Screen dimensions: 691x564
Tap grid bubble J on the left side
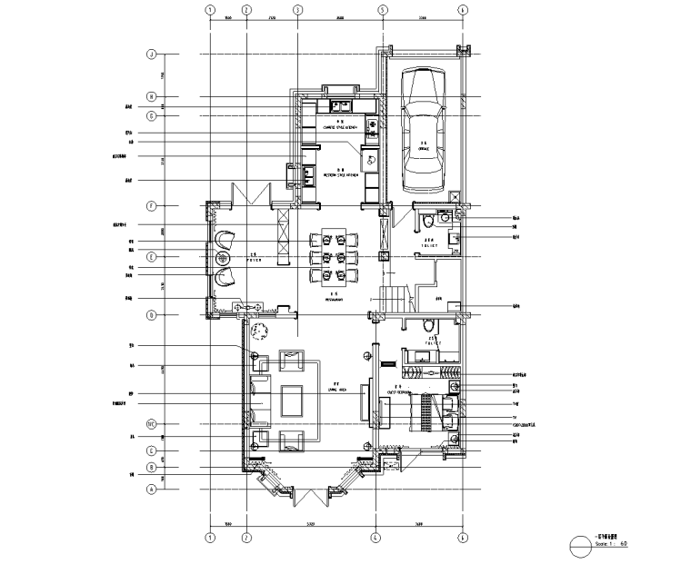point(152,54)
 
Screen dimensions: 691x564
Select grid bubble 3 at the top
point(297,11)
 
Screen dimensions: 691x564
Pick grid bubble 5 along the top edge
point(383,11)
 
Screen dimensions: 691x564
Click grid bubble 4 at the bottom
point(374,538)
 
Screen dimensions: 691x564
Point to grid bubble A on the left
point(152,488)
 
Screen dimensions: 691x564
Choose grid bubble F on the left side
point(152,205)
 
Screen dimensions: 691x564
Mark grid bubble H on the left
point(152,97)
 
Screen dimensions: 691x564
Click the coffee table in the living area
point(293,401)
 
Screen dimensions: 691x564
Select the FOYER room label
point(255,258)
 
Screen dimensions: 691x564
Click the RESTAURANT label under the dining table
point(335,297)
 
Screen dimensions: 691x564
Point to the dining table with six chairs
point(335,256)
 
